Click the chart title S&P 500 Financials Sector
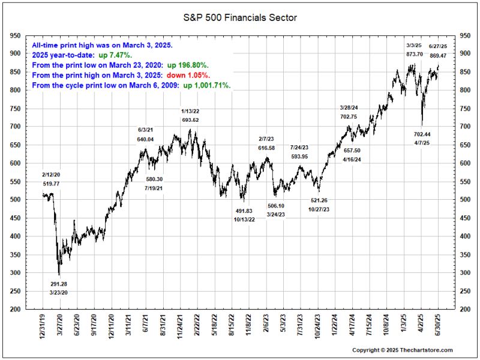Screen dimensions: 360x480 [x=240, y=17]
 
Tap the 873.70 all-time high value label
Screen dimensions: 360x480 [x=415, y=54]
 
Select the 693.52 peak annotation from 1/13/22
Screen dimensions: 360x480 [x=190, y=120]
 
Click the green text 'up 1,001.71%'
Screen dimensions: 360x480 [x=207, y=86]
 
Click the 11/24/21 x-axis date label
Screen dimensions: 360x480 [x=180, y=328]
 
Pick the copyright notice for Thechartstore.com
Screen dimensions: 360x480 [x=402, y=350]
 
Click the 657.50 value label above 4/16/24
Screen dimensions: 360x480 [x=352, y=151]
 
